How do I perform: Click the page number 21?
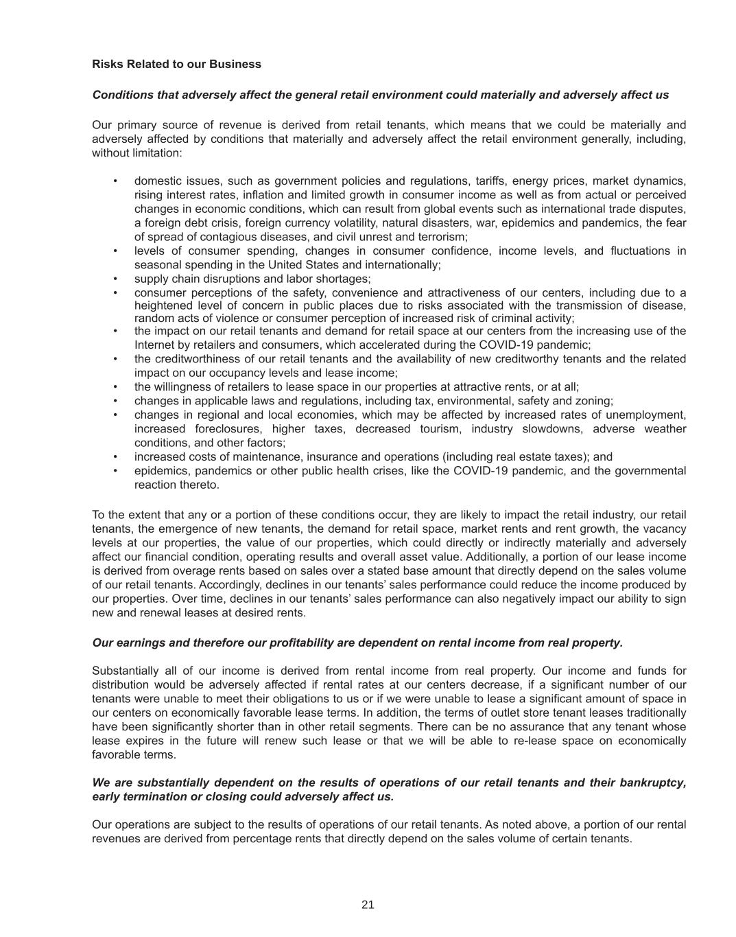click(368, 905)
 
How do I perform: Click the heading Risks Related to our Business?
click(176, 64)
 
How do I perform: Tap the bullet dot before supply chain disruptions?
click(115, 279)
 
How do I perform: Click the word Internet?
click(154, 345)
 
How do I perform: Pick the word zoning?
click(595, 401)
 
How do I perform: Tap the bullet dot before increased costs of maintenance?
click(115, 457)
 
